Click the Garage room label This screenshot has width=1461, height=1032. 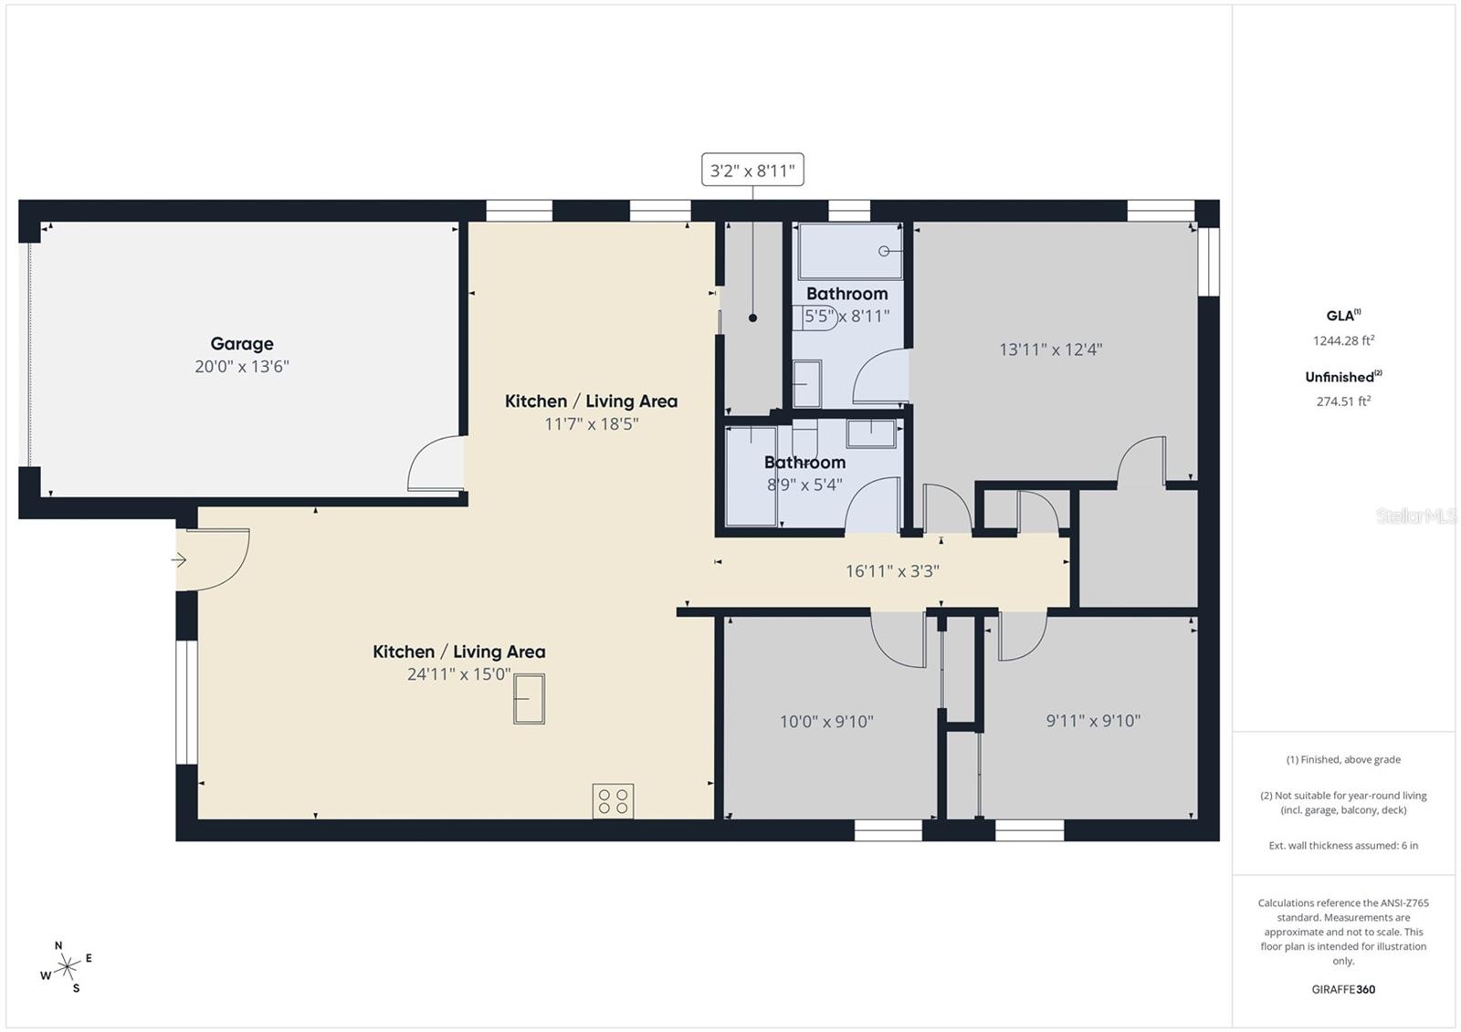tap(242, 344)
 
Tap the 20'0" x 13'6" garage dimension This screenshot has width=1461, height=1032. tap(242, 367)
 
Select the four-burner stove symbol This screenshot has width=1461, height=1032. tap(613, 801)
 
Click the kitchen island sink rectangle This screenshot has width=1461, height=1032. tap(529, 699)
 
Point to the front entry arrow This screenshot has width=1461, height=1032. tap(180, 559)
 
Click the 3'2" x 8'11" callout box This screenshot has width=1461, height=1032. tap(752, 170)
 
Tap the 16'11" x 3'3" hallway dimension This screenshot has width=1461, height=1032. tap(892, 572)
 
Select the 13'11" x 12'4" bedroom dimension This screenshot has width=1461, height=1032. tap(1050, 349)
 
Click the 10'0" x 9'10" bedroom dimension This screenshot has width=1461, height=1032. tap(826, 722)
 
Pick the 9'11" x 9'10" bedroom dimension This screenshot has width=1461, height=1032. tap(1093, 721)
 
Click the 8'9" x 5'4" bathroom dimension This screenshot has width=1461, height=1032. tap(804, 485)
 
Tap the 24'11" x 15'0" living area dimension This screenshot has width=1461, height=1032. tap(458, 674)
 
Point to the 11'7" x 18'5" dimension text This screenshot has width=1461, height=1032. tap(592, 424)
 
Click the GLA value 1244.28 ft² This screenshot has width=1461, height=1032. tap(1343, 340)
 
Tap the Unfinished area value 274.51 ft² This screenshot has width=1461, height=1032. tap(1343, 401)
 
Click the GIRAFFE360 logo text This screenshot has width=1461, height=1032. tap(1343, 989)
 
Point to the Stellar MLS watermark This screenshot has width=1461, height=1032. tap(1416, 516)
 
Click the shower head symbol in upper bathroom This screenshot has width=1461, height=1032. tap(884, 251)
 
